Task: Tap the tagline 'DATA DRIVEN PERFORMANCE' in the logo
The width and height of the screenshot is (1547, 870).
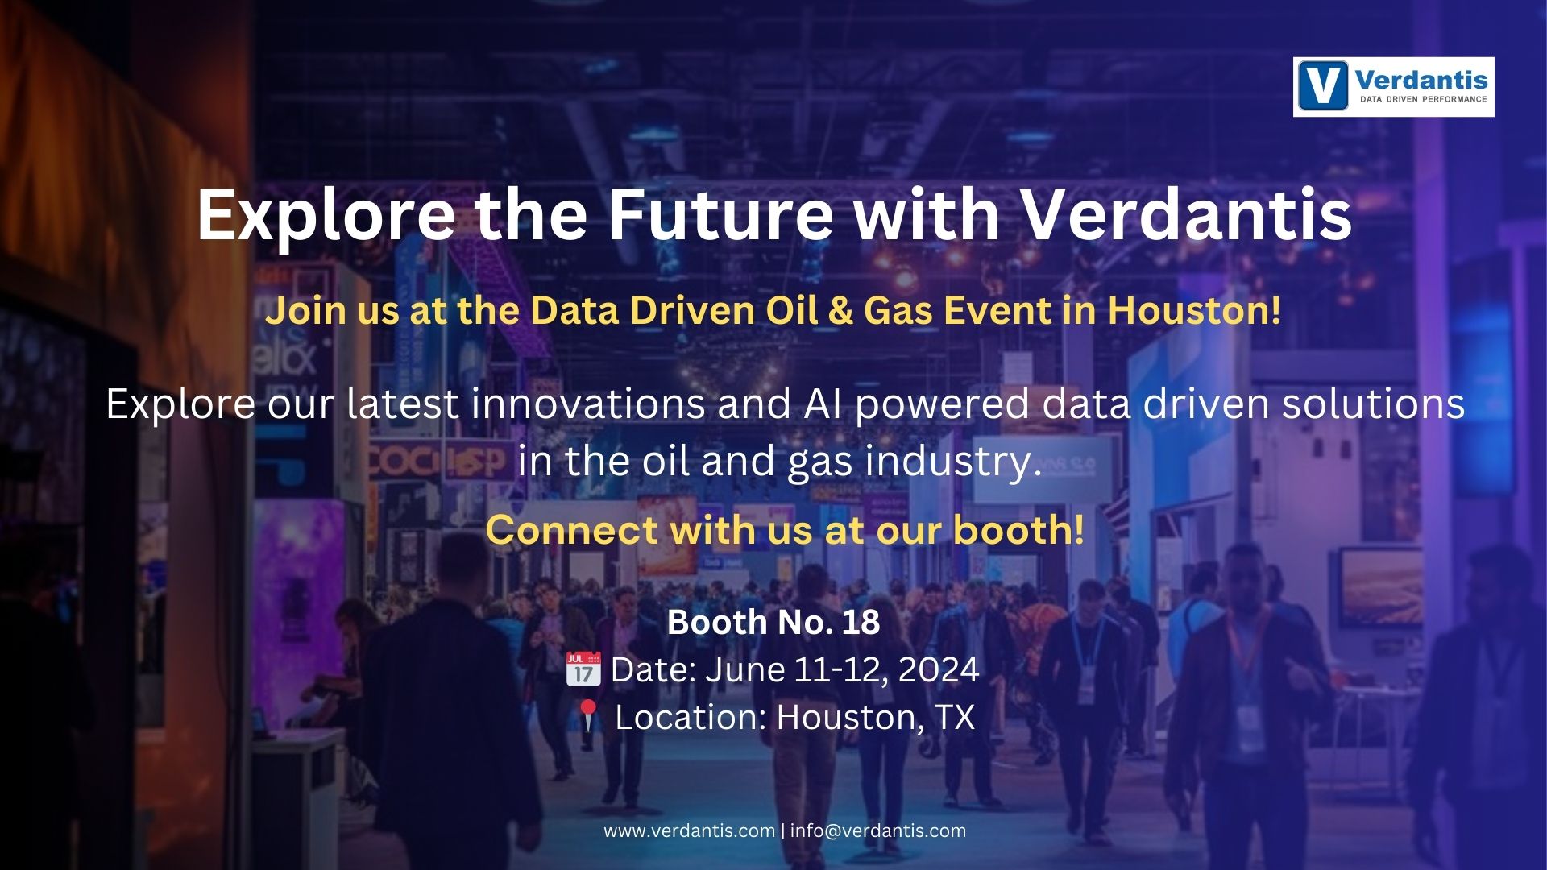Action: (x=1423, y=99)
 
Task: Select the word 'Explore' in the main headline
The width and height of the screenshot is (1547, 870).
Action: (x=326, y=216)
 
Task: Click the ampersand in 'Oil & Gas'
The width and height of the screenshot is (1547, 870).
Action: (x=840, y=311)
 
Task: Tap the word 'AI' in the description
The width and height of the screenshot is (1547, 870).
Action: (x=823, y=404)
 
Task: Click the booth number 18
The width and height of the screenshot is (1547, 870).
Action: (x=861, y=622)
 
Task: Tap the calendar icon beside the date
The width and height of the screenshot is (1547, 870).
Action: (x=583, y=669)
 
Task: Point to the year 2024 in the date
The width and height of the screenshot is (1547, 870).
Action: (x=939, y=669)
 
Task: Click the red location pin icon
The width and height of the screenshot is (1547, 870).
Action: (x=587, y=715)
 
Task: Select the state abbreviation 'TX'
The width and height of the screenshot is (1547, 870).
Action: (x=955, y=716)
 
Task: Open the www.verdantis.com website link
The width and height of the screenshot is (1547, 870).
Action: (x=689, y=831)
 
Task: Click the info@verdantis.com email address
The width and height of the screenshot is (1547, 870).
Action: (x=877, y=831)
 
